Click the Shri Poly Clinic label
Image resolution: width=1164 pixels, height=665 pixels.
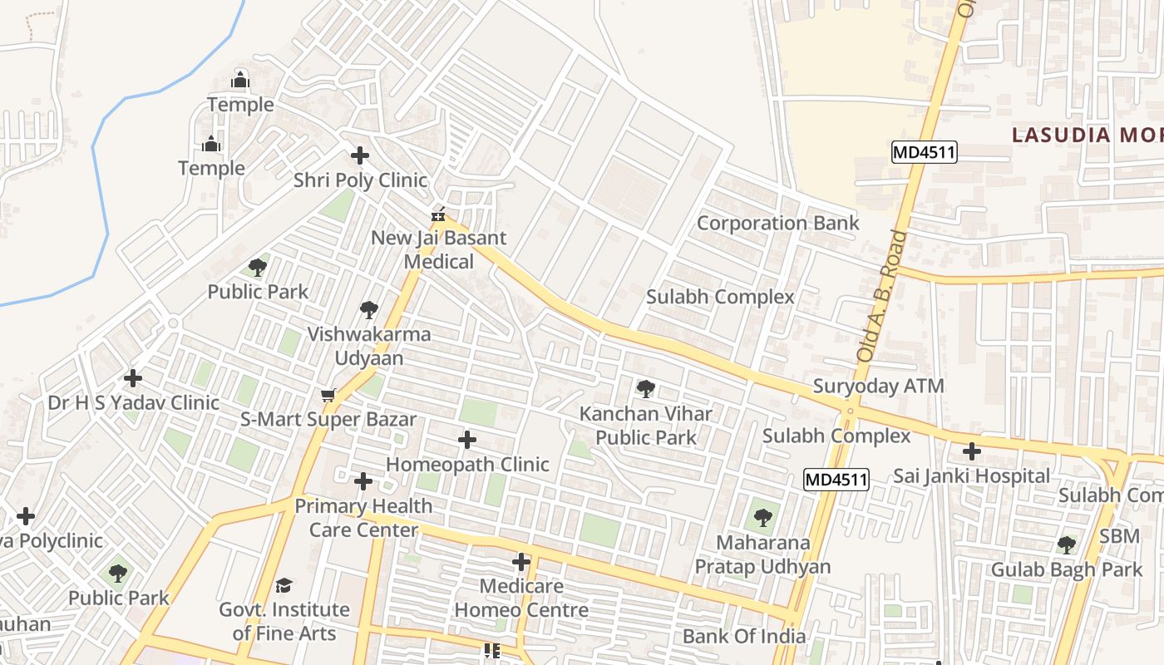[x=360, y=180]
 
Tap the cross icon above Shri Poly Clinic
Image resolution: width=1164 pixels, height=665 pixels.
[x=360, y=155]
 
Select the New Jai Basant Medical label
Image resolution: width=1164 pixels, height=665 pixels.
[x=438, y=249]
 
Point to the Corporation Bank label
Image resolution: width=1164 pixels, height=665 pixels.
[x=777, y=223]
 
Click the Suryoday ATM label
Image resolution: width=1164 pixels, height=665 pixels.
[x=878, y=386]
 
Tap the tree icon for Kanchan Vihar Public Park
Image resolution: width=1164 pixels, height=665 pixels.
[x=645, y=388]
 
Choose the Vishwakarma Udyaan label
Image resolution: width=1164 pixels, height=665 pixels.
[x=369, y=346]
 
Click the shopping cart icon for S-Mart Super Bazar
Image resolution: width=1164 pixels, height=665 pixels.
[x=328, y=395]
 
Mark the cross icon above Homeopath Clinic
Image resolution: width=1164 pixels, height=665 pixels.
[x=467, y=439]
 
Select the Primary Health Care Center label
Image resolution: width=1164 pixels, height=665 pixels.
[x=363, y=517]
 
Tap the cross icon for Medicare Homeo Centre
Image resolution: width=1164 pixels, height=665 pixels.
[x=521, y=562]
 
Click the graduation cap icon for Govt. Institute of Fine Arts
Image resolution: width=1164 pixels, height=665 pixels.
[x=284, y=585]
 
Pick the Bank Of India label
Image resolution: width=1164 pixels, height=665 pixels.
[x=743, y=636]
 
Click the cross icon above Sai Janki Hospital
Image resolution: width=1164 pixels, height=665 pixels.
[x=971, y=451]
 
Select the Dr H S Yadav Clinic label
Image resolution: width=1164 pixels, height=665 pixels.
[x=133, y=403]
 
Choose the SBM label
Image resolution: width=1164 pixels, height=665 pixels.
[x=1119, y=536]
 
